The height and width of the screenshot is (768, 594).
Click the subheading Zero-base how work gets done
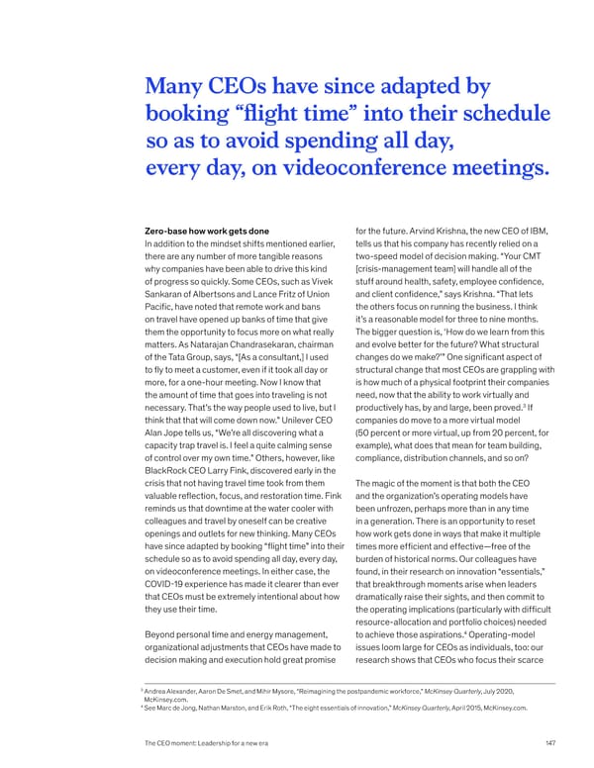pyautogui.click(x=206, y=232)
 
